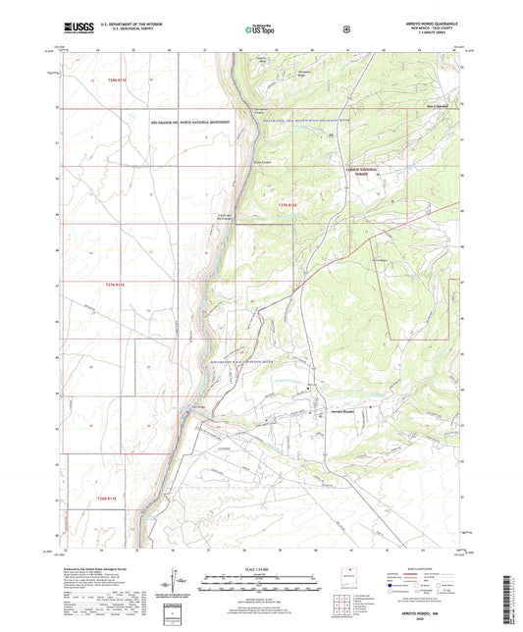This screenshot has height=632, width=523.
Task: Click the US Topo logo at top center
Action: (x=259, y=30)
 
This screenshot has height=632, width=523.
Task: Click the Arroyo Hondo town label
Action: (x=332, y=412)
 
